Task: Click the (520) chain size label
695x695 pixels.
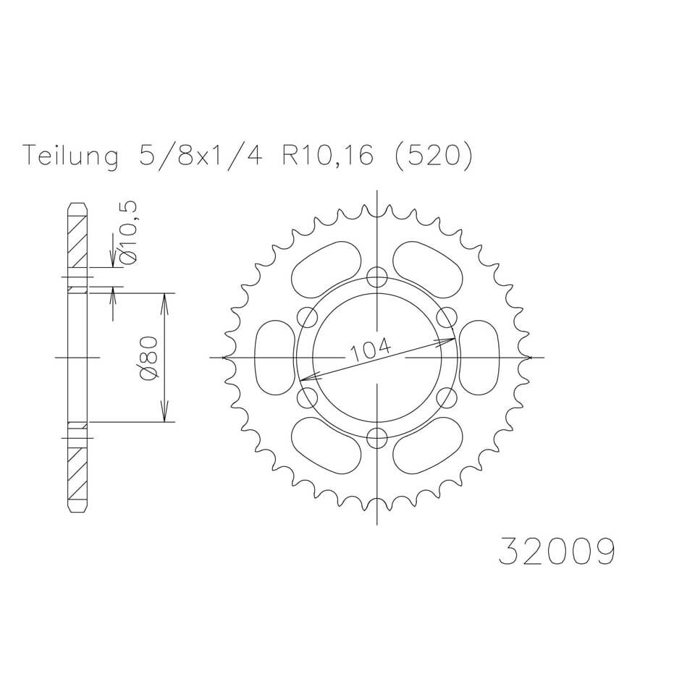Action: coord(432,156)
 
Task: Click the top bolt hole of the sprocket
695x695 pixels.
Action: coord(377,276)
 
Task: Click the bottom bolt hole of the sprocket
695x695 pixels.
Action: coord(377,438)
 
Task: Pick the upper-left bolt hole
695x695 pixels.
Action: coord(307,317)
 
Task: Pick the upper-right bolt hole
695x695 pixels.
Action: coord(447,317)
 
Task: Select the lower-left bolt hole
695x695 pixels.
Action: coord(307,397)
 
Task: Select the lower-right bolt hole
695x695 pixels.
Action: coord(447,397)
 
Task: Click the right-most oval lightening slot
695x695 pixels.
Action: coord(479,358)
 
